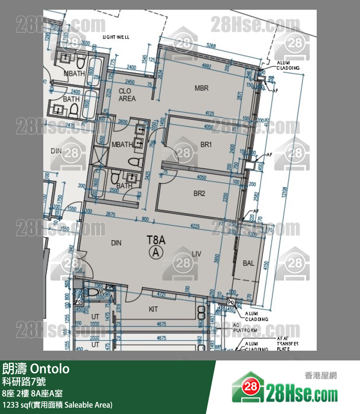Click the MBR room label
click(201, 88)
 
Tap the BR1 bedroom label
click(206, 145)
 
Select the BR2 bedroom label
click(199, 193)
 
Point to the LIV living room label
click(197, 253)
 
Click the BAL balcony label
click(248, 263)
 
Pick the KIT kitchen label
click(154, 309)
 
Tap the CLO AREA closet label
click(127, 94)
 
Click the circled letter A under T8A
click(156, 252)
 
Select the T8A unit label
click(157, 240)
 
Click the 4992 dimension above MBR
click(207, 67)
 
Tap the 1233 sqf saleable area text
click(57, 404)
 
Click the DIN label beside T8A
click(116, 243)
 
